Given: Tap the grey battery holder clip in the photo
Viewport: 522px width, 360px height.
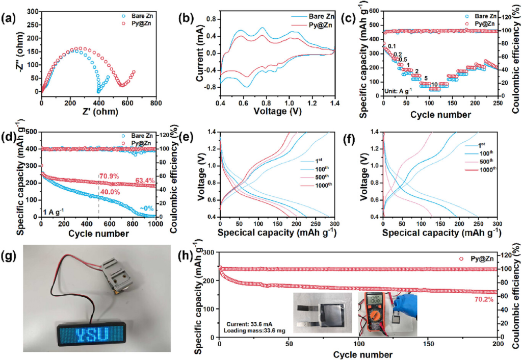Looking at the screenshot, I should tap(117, 273).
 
